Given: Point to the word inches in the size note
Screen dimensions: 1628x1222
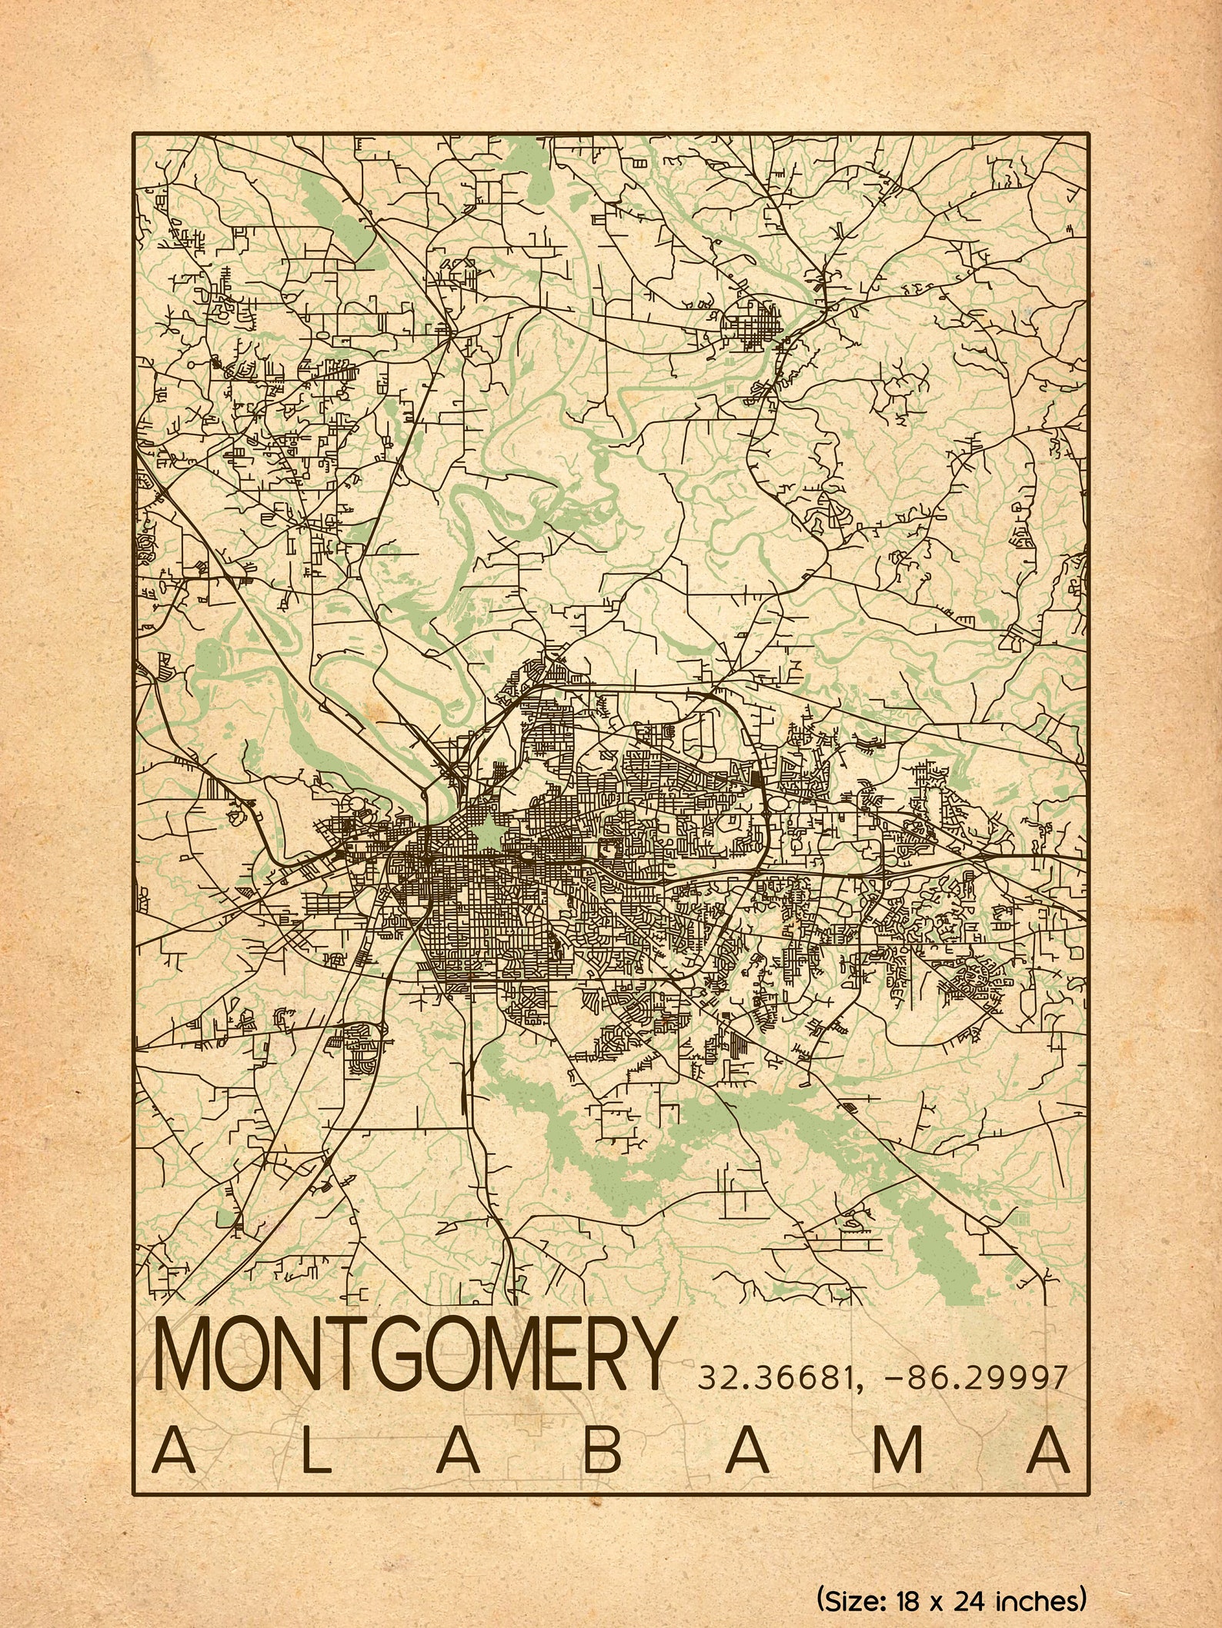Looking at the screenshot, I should [x=1039, y=1599].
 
